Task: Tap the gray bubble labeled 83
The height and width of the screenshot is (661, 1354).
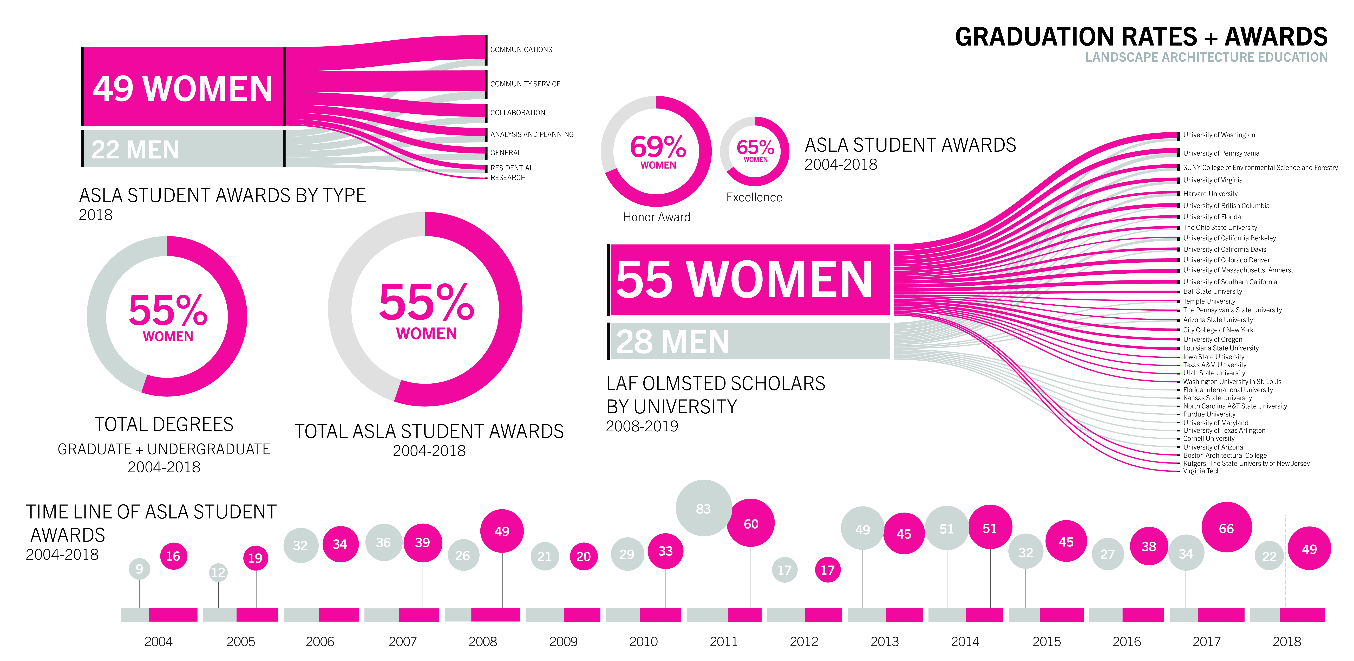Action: point(703,508)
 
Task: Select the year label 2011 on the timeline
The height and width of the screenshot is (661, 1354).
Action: point(724,641)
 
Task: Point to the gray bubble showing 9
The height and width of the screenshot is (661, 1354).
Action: point(139,568)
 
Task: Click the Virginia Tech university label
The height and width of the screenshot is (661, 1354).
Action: point(1202,471)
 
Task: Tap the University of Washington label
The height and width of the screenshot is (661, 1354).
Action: point(1219,135)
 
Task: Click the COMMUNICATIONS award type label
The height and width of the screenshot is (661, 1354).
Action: point(521,49)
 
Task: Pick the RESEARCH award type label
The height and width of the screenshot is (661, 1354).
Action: point(508,178)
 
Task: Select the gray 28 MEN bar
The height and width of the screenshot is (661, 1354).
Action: point(749,341)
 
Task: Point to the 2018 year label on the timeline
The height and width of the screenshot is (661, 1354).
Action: point(1287,641)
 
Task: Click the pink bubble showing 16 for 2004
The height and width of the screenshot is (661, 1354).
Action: point(173,556)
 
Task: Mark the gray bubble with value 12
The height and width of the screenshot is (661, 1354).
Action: point(218,572)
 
